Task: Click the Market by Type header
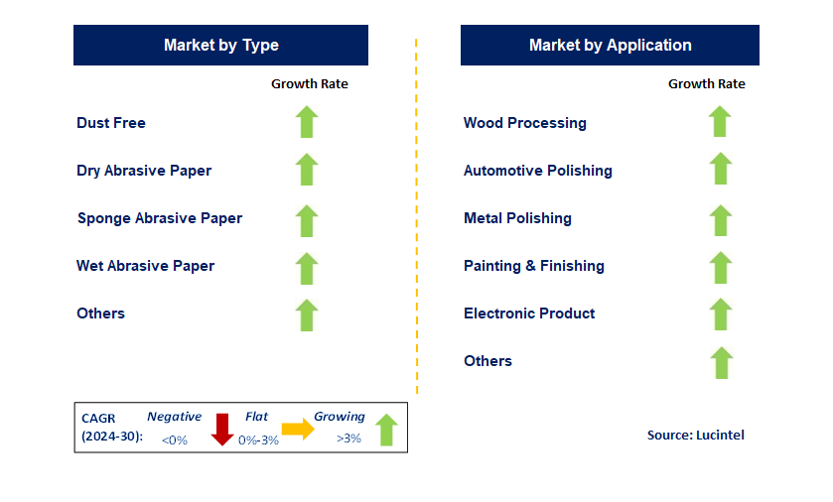click(220, 46)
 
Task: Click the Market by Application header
click(610, 46)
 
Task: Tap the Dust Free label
click(111, 123)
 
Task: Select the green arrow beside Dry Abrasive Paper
click(307, 170)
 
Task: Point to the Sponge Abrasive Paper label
click(160, 218)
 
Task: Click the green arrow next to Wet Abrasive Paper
click(307, 268)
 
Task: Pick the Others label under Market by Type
click(100, 314)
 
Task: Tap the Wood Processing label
click(524, 123)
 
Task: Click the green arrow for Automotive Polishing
click(720, 169)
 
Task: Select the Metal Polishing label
click(517, 218)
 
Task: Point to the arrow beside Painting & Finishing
click(720, 267)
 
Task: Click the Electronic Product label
click(529, 314)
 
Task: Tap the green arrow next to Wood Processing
click(720, 121)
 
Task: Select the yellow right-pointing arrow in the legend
click(297, 428)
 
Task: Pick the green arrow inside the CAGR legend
click(386, 430)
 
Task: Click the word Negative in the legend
click(174, 417)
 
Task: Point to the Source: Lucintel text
click(695, 435)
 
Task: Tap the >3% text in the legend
click(349, 439)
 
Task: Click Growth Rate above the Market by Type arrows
click(310, 84)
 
